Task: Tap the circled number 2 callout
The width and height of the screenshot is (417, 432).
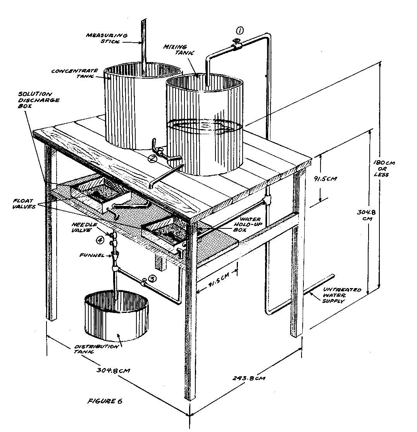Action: (152, 157)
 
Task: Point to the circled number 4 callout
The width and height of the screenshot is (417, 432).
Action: (100, 240)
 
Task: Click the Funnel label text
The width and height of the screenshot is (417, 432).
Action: (92, 255)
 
